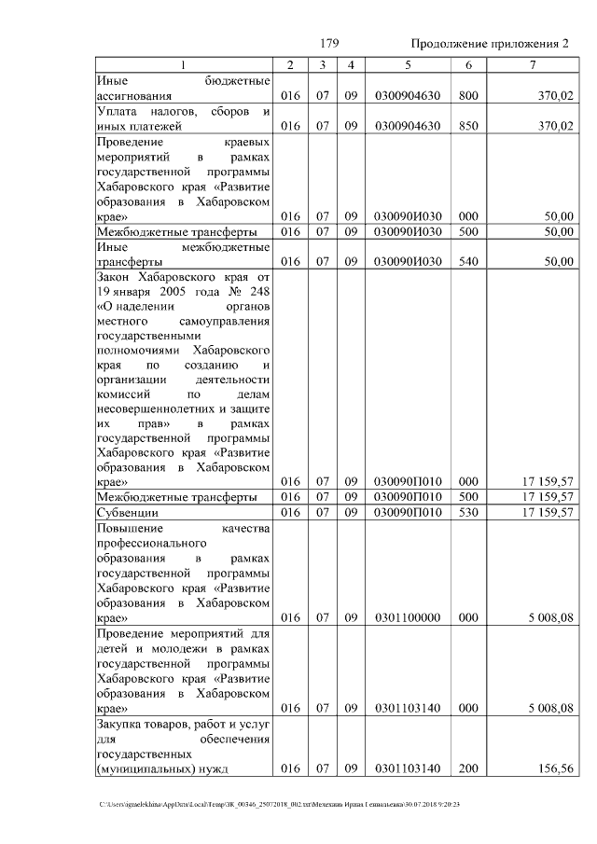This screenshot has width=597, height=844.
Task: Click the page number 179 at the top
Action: tap(328, 45)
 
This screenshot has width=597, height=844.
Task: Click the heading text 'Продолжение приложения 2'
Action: tap(489, 45)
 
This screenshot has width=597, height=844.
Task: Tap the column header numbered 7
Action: tap(533, 64)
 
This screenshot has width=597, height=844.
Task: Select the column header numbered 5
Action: tap(407, 64)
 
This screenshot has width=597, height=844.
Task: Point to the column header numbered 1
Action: tap(183, 64)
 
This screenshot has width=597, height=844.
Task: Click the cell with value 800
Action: tap(468, 96)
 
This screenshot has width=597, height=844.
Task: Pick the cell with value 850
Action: tap(468, 126)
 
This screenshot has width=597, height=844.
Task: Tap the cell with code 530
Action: tap(468, 512)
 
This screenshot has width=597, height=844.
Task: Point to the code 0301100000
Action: tap(407, 617)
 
